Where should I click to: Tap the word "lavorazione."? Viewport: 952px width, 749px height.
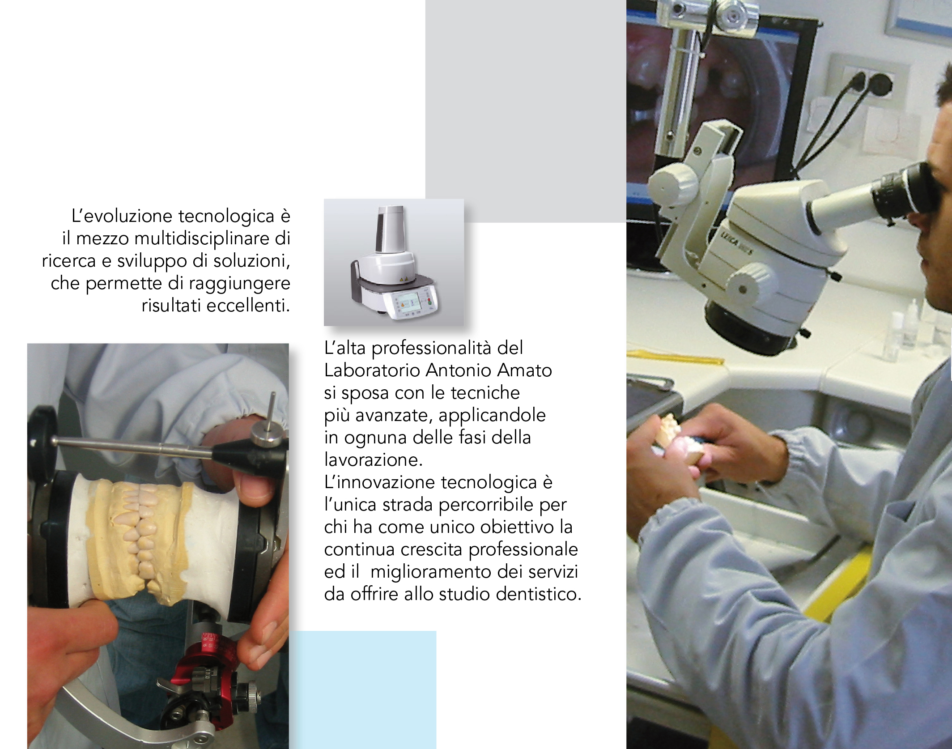click(373, 460)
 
